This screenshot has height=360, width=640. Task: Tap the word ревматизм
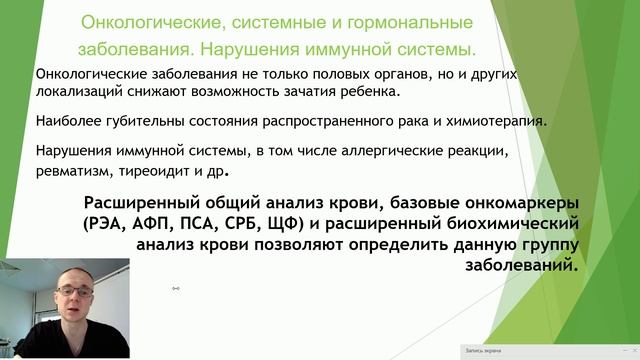click(x=73, y=170)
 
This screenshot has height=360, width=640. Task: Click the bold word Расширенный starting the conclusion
click(x=159, y=200)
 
